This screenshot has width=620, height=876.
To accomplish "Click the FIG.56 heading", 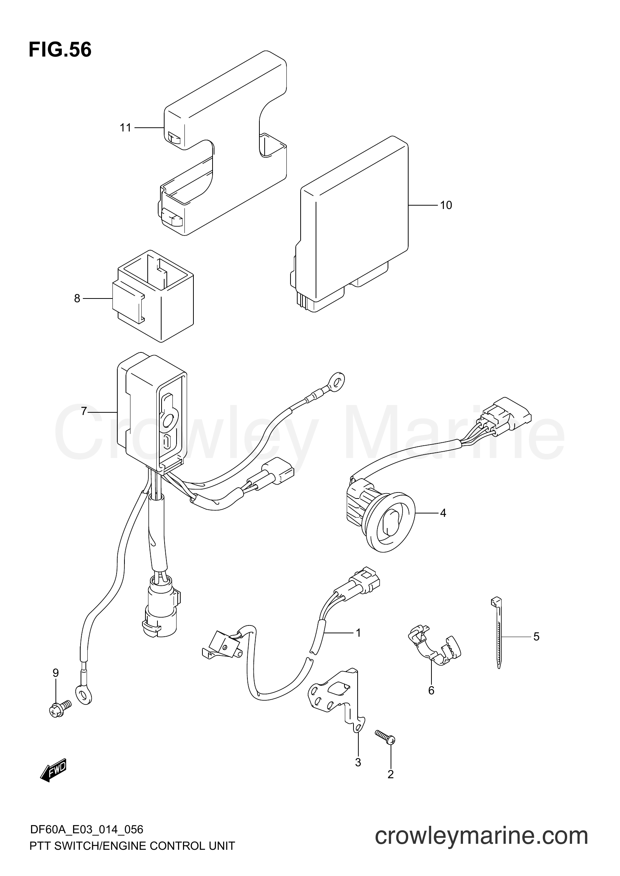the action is pyautogui.click(x=60, y=50).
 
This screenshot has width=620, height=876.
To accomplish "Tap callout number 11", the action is pyautogui.click(x=126, y=127).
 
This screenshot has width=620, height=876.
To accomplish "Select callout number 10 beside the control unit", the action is pyautogui.click(x=446, y=205).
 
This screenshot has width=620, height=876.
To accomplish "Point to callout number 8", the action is pyautogui.click(x=77, y=298).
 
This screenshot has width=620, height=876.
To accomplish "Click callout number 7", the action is pyautogui.click(x=84, y=411).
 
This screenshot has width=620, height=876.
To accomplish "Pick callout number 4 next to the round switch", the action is pyautogui.click(x=443, y=513).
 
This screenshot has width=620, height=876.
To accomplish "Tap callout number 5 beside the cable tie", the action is pyautogui.click(x=536, y=636).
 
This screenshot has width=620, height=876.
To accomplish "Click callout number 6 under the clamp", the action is pyautogui.click(x=431, y=691).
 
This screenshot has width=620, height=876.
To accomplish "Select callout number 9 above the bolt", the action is pyautogui.click(x=56, y=673).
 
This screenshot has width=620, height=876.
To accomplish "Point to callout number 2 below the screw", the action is pyautogui.click(x=391, y=775).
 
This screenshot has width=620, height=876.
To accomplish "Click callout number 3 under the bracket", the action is pyautogui.click(x=358, y=762).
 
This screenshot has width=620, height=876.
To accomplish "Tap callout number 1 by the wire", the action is pyautogui.click(x=358, y=633).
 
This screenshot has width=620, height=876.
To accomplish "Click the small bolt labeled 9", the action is pyautogui.click(x=60, y=709).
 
